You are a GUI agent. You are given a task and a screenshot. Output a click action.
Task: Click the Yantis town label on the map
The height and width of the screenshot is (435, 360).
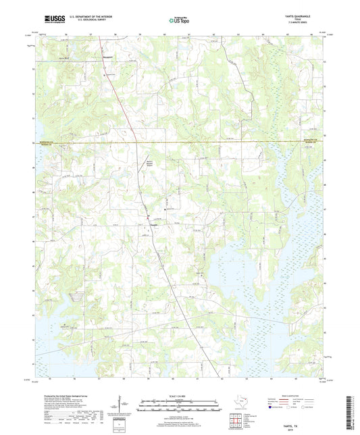(x=155, y=224)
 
